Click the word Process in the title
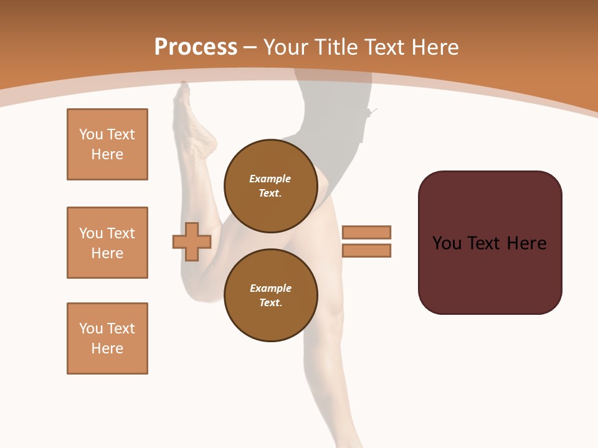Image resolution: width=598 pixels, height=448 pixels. pos(196,47)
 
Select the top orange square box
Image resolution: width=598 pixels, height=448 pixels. pos(107,144)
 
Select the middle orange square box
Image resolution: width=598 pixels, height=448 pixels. pos(107,243)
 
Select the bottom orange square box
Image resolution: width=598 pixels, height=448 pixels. pos(107,338)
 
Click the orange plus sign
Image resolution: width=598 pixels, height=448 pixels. pos(192,241)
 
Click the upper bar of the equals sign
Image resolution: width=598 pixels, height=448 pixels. pos(366,232)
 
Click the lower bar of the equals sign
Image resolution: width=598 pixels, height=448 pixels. pos(366,251)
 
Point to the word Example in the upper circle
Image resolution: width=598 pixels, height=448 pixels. pos(270,179)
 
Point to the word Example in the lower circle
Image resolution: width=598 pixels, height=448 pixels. pos(270,288)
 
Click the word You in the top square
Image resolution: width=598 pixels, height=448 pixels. pos(90,134)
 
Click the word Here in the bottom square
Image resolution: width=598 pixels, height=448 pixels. pos(107,348)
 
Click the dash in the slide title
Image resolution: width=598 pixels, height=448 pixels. pos(250,48)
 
